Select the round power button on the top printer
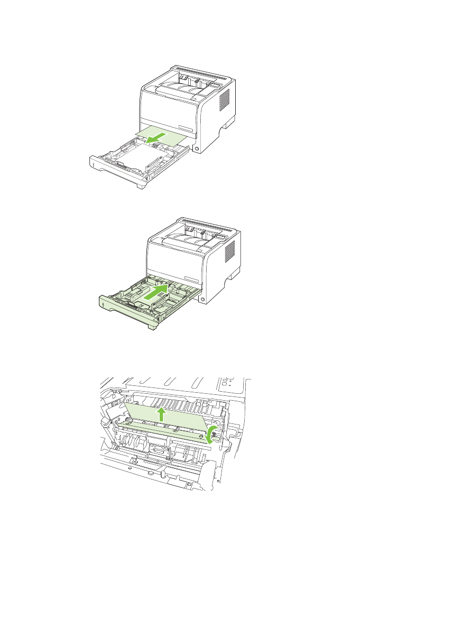coord(197,150)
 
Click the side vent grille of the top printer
coord(224,99)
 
